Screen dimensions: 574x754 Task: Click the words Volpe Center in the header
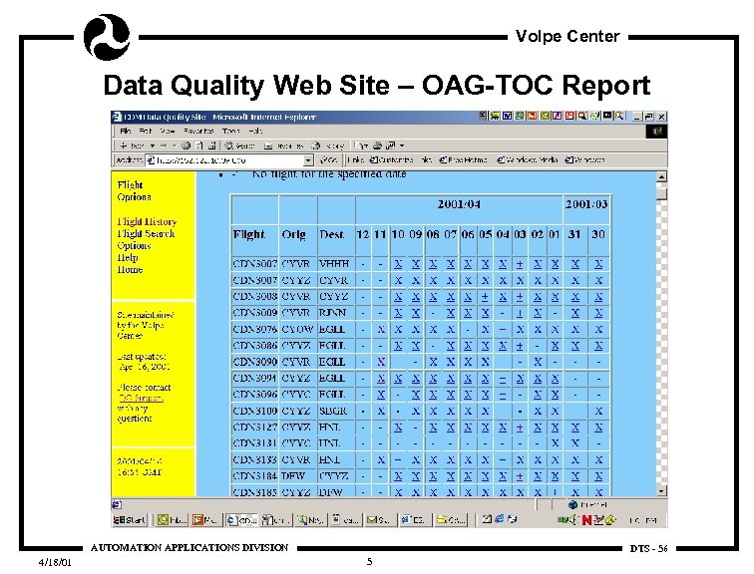[567, 37]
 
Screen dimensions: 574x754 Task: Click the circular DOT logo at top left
[106, 36]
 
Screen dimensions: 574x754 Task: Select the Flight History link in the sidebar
[147, 221]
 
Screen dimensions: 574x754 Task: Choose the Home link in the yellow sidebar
[130, 269]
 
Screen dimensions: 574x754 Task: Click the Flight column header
[249, 235]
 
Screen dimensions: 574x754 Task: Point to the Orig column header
[294, 235]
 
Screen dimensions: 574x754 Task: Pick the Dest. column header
[332, 235]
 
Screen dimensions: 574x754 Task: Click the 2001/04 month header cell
[459, 203]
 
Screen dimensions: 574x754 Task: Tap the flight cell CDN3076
[254, 328]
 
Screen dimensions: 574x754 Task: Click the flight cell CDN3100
[254, 410]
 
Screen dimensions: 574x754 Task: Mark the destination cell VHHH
[333, 263]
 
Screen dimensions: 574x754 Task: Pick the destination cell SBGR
[333, 410]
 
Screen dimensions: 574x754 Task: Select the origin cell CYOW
[296, 328]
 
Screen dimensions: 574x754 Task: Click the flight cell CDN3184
[254, 475]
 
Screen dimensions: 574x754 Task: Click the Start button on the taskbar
[130, 519]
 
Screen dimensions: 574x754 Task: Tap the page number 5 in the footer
[369, 562]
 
